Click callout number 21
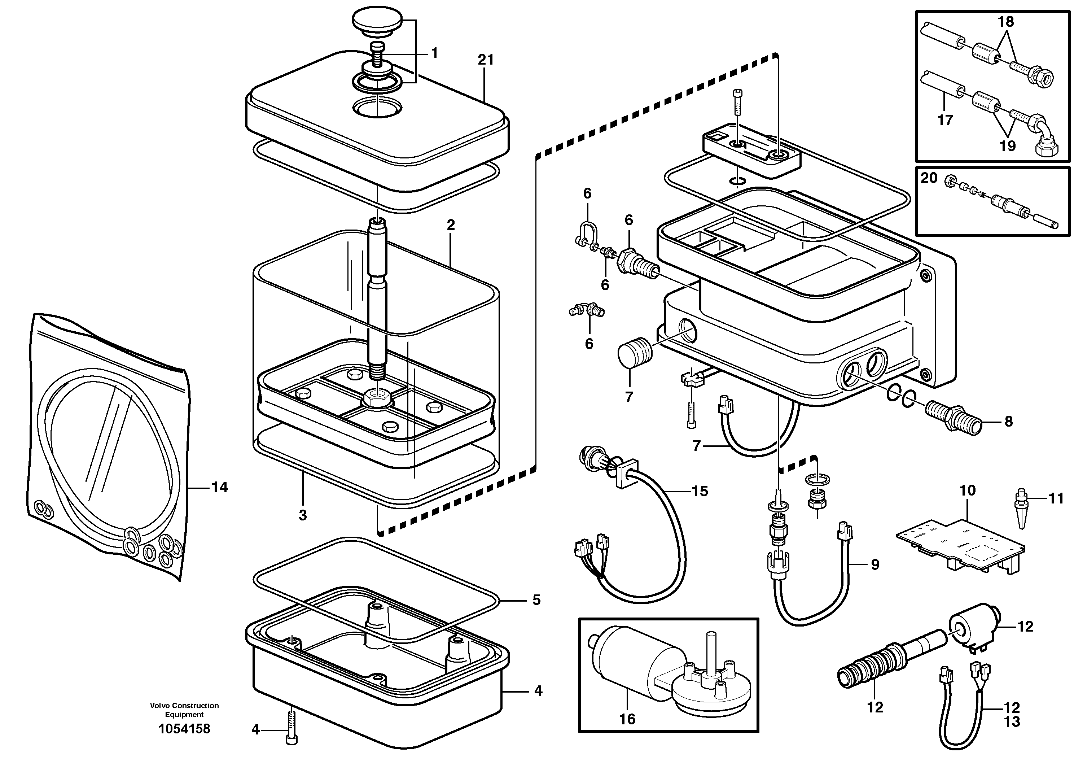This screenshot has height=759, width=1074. (x=486, y=60)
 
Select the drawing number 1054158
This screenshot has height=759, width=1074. (x=184, y=729)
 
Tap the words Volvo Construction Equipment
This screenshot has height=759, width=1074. (x=184, y=710)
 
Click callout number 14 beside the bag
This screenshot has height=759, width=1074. (x=219, y=488)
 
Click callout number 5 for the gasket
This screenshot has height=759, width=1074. (x=536, y=600)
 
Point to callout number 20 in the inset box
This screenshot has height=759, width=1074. (x=929, y=178)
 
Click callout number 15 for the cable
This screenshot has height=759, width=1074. (x=700, y=491)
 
